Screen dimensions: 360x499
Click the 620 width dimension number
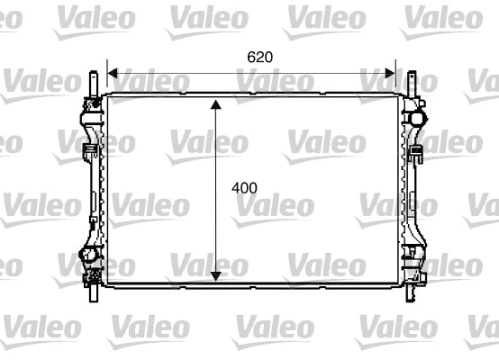tap(259, 56)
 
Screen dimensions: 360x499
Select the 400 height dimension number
tap(244, 188)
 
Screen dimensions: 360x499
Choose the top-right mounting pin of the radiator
tap(411, 80)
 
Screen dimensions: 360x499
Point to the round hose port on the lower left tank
tap(89, 257)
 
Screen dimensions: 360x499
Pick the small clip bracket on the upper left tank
tap(90, 148)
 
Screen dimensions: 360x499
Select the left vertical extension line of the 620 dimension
tap(107, 76)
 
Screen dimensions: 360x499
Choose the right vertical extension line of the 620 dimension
tap(395, 76)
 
